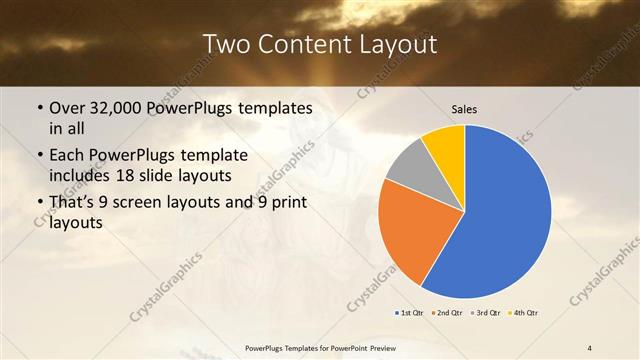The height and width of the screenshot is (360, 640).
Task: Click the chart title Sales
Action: (x=465, y=108)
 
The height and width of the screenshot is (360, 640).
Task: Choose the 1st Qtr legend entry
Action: (x=410, y=313)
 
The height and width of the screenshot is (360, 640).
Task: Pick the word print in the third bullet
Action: (x=287, y=203)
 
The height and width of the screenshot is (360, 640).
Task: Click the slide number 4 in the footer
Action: (x=589, y=347)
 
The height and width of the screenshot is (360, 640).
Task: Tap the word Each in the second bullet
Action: (x=67, y=156)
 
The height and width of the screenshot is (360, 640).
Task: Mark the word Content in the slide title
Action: (x=302, y=44)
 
